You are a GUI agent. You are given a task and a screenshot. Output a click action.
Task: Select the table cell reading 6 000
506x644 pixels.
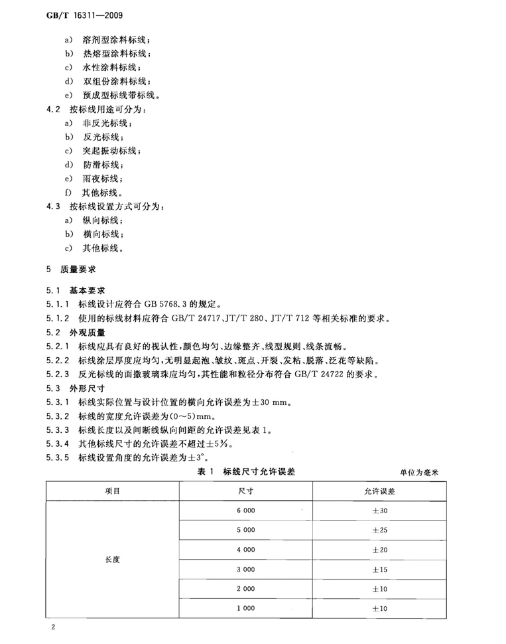[x=245, y=511]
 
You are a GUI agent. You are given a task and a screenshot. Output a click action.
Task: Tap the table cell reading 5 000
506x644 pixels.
[x=245, y=530]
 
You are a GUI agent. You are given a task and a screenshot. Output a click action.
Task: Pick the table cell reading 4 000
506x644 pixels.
[x=245, y=550]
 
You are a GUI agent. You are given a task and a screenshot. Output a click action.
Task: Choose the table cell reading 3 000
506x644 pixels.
[x=245, y=570]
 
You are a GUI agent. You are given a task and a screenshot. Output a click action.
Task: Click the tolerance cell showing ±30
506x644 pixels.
[x=379, y=511]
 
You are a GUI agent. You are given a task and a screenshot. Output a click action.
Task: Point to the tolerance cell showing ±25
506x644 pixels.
[x=379, y=530]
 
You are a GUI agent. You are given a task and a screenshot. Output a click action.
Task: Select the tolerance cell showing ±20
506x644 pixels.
[x=379, y=550]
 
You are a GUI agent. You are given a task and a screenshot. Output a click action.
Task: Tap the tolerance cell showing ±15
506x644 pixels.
[x=379, y=570]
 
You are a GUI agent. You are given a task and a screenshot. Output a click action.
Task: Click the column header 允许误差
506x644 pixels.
[x=379, y=491]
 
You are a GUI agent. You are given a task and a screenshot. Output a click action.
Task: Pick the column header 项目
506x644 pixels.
[x=112, y=491]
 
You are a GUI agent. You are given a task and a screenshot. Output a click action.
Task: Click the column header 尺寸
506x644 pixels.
[x=245, y=491]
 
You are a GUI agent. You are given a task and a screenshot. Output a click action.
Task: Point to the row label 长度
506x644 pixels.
[x=112, y=560]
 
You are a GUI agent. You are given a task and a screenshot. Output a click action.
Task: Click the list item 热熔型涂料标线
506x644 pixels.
[x=115, y=54]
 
